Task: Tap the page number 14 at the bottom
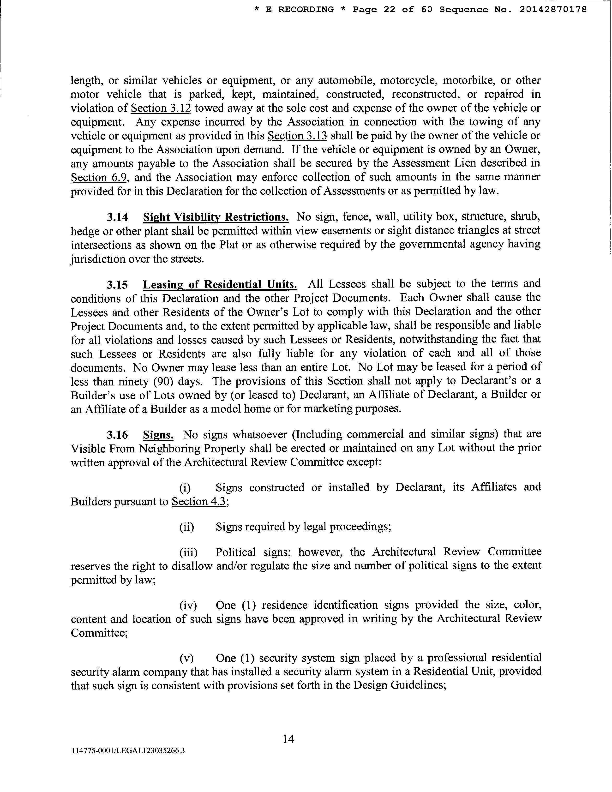288,739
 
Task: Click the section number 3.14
117,217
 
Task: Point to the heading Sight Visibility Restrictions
216,217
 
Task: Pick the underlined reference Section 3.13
297,136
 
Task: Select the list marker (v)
186,658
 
